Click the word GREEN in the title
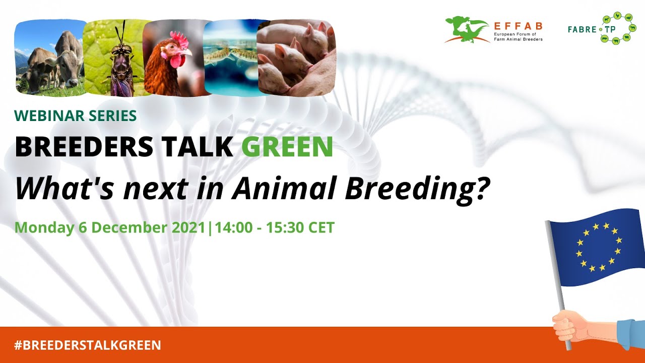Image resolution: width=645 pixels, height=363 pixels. click(x=287, y=146)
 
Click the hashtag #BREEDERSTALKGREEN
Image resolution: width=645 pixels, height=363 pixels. click(x=88, y=345)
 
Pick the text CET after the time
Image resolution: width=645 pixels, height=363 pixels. click(x=321, y=227)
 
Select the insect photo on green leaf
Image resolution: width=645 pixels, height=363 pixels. click(x=115, y=58)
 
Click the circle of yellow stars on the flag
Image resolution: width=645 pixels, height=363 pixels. click(x=599, y=247)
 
